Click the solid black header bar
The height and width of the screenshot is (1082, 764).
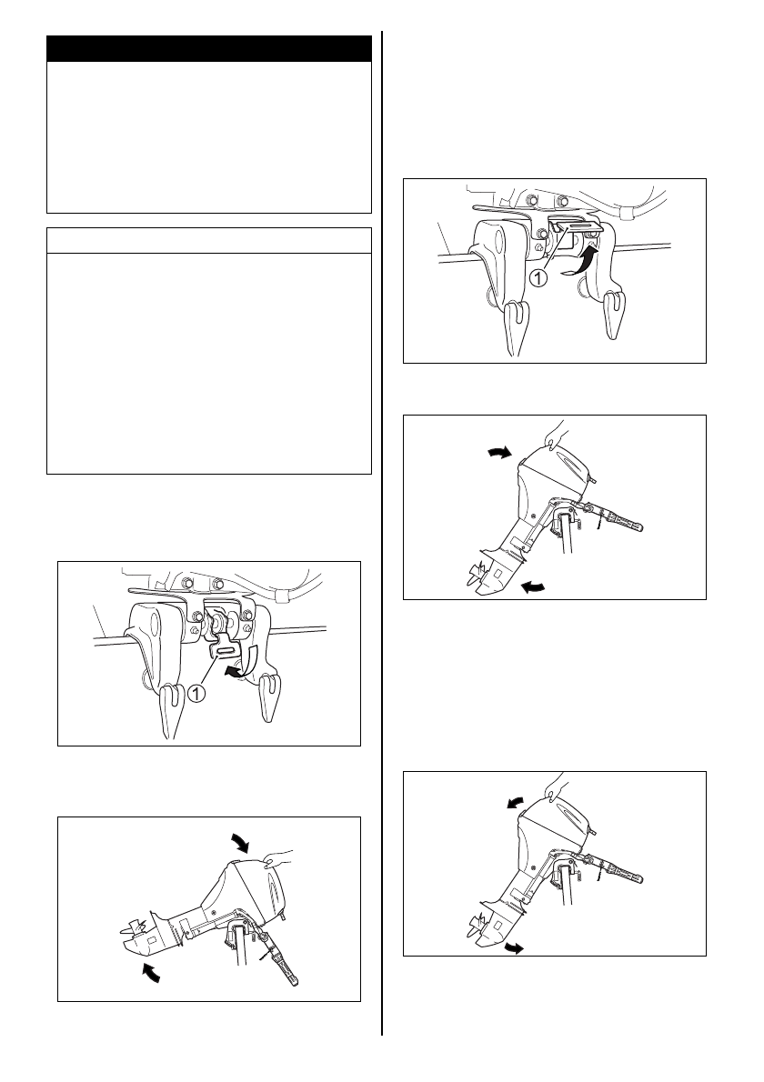209,49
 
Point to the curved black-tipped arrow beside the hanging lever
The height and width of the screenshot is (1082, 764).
242,660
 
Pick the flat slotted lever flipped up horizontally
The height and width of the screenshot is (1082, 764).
576,225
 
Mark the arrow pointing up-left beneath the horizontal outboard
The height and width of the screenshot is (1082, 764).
153,972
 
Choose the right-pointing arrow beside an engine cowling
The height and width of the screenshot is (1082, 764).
500,452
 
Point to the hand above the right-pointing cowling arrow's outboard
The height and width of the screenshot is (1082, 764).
558,434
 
